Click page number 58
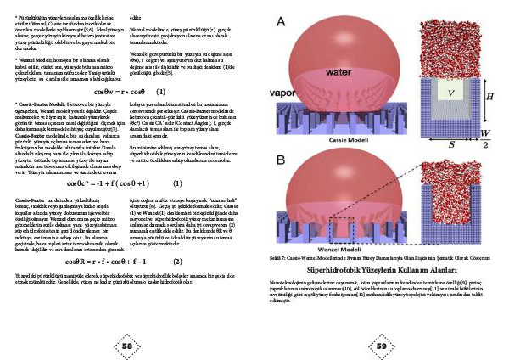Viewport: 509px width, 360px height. (126, 346)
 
